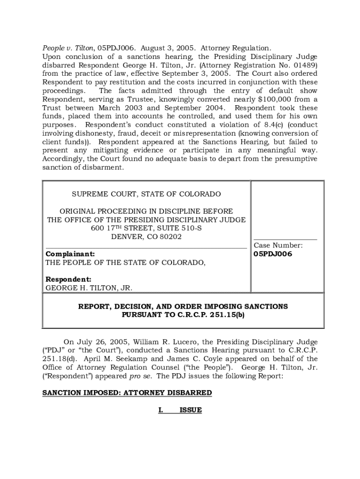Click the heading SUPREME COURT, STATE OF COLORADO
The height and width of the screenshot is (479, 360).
146,194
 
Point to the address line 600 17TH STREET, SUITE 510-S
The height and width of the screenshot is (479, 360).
146,228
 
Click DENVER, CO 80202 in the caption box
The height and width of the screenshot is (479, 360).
146,237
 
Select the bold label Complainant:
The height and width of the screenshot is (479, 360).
70,254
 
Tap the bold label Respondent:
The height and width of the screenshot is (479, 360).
68,279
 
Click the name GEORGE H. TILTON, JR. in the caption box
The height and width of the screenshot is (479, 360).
89,288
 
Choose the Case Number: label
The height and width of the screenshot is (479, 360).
278,245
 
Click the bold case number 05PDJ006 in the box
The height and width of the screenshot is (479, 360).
273,254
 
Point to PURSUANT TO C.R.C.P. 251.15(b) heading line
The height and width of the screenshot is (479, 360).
183,315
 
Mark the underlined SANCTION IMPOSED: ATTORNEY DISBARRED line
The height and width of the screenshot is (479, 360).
127,392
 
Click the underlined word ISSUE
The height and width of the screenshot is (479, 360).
191,410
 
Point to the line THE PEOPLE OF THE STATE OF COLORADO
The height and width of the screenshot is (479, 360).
125,262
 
